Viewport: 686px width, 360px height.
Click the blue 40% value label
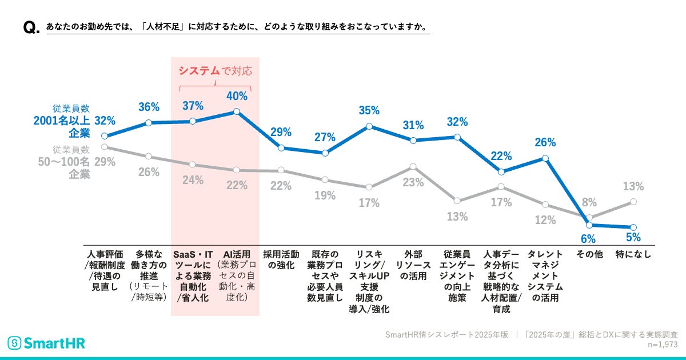pos(237,96)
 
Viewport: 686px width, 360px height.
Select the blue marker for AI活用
pos(237,112)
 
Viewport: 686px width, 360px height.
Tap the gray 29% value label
pos(105,162)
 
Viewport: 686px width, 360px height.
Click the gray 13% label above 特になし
pos(633,186)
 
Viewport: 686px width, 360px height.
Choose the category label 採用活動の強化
pos(281,259)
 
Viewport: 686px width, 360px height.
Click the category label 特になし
pos(633,254)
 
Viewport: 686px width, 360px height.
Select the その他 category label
pos(589,254)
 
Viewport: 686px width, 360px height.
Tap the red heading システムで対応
pos(215,71)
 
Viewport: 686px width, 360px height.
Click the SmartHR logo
pos(46,343)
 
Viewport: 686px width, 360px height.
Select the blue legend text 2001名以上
pos(62,121)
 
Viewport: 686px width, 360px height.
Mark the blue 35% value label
pos(369,110)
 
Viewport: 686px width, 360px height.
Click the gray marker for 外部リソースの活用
pos(413,167)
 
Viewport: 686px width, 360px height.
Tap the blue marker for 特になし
pos(633,227)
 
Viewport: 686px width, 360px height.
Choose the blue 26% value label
pos(545,142)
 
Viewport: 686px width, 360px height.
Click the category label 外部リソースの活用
pos(413,265)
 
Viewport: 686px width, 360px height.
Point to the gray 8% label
pos(589,202)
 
